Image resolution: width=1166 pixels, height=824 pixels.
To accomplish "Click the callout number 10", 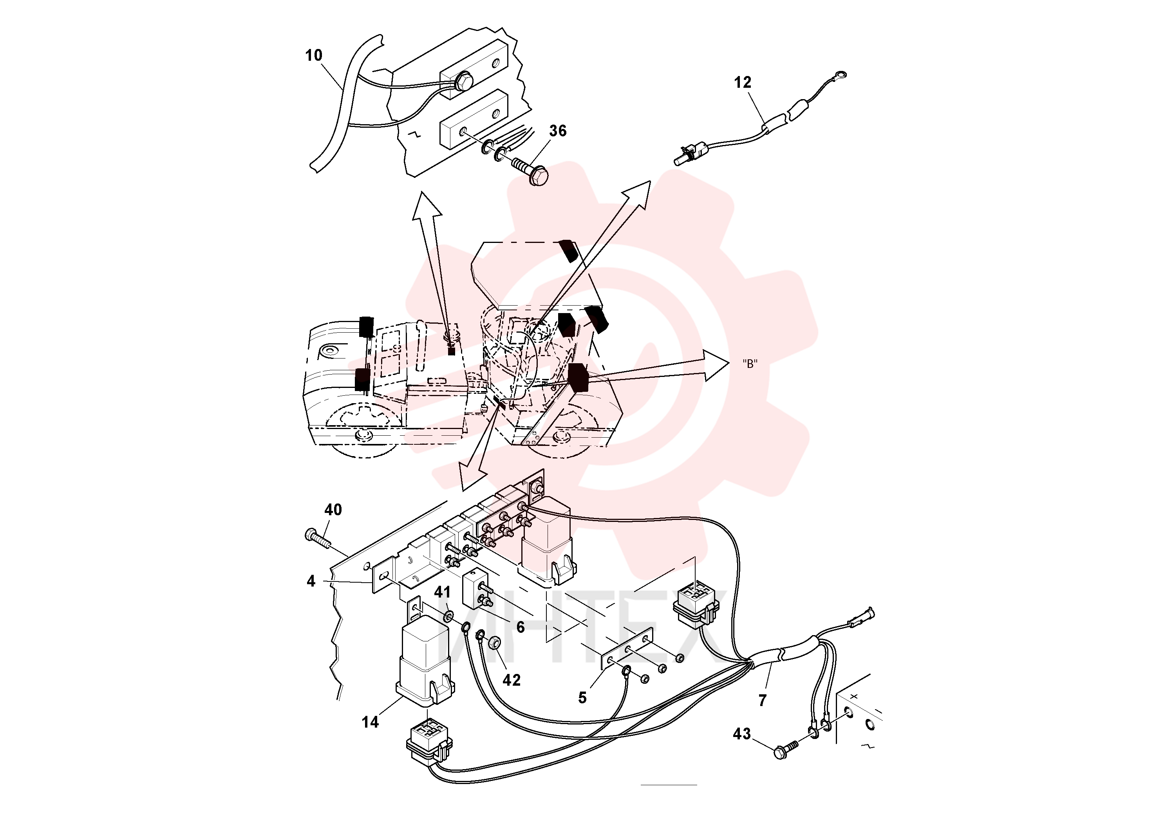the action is pos(314,55).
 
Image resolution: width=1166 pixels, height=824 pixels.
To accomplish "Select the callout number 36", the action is pos(558,131).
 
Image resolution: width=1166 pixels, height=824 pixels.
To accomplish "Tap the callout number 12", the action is pos(743,82).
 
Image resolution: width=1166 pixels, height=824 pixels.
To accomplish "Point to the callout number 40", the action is pos(333,510).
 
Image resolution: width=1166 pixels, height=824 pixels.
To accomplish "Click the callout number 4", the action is pos(311,581).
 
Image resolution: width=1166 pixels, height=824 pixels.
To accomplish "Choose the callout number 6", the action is pos(521,627).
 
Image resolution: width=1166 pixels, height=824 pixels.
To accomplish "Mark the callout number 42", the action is pos(512,680).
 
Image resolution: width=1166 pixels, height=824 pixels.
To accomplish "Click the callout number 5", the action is pos(582,698).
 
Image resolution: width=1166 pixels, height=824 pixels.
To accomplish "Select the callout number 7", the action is pos(762,701).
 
